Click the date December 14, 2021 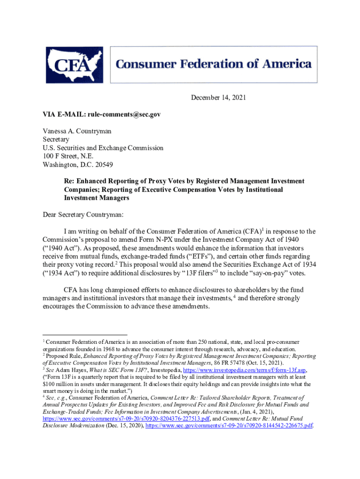coord(218,98)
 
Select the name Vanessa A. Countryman coord(77,131)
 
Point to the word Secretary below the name coord(56,139)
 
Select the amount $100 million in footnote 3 coord(58,384)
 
